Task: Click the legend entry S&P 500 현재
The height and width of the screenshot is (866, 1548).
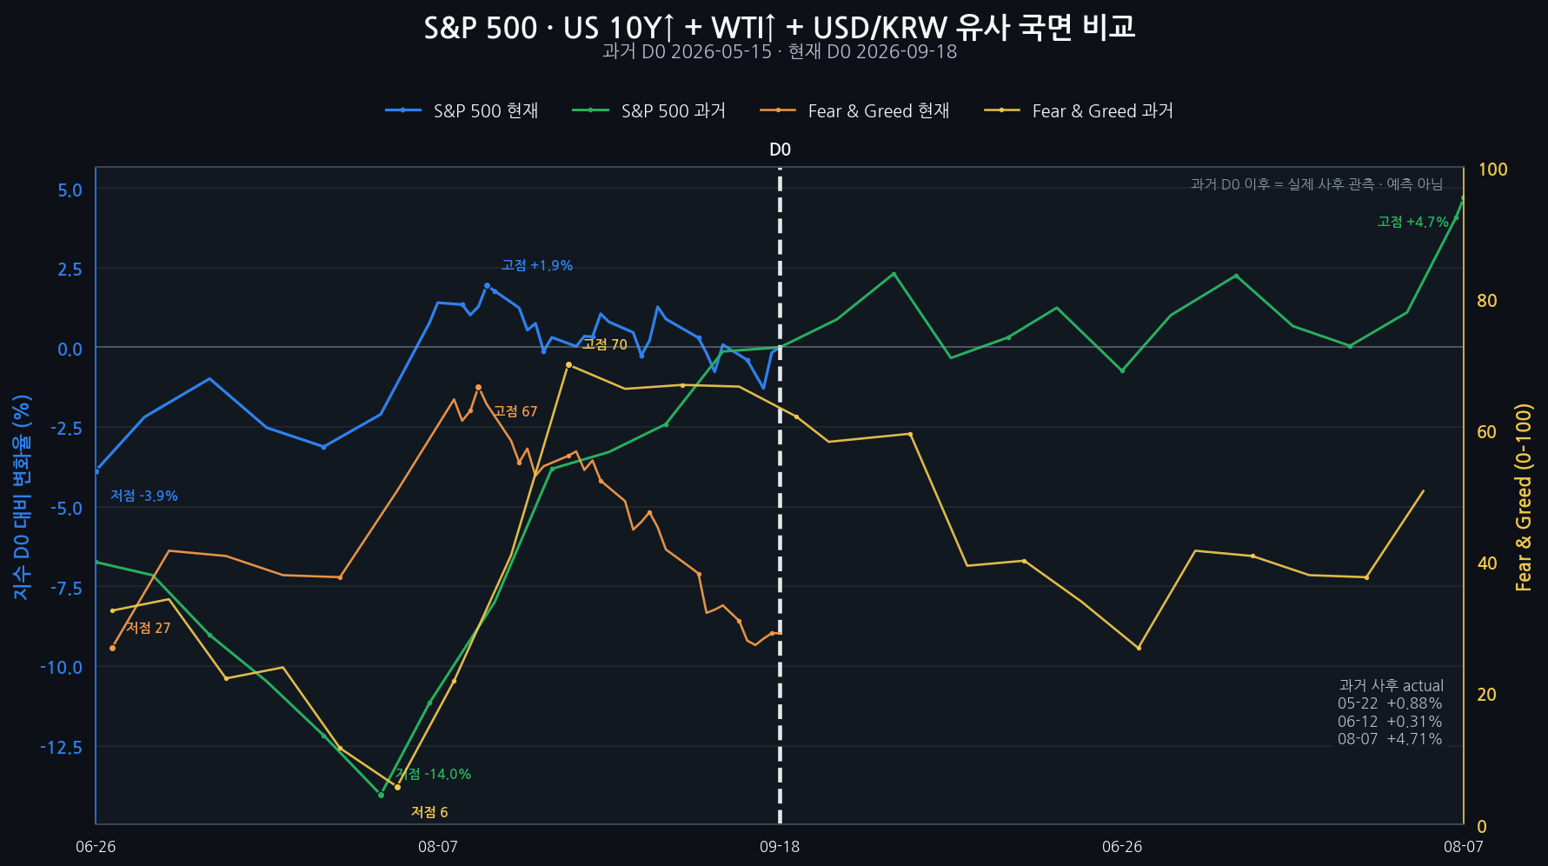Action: [462, 110]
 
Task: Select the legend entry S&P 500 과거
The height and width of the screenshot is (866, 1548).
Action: [649, 110]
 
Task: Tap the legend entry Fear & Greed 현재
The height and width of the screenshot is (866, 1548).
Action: [854, 110]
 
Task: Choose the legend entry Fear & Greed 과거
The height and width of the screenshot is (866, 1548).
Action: [1079, 110]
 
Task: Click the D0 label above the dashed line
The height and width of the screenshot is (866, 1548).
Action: [780, 150]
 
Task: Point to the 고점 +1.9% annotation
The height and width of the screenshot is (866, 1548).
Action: [537, 265]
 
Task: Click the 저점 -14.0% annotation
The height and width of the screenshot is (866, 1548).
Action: [434, 774]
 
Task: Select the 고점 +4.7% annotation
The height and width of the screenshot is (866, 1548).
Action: [1413, 222]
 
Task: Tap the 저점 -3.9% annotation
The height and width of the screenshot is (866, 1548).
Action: [144, 496]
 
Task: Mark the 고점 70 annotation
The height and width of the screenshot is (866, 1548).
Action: [605, 344]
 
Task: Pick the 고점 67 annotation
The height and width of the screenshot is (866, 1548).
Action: [515, 411]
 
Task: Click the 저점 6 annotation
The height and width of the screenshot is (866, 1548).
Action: [429, 812]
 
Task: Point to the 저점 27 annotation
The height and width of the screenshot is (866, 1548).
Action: [149, 628]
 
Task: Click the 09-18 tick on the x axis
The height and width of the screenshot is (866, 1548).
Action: [780, 846]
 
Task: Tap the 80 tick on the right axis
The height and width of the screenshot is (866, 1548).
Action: [1487, 301]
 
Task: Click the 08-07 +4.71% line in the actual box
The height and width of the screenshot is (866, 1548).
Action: [1390, 739]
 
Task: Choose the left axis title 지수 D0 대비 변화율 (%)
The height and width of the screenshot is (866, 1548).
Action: [22, 497]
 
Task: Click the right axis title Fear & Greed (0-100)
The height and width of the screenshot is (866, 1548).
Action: [1524, 497]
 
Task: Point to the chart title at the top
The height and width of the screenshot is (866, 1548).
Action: [780, 27]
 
